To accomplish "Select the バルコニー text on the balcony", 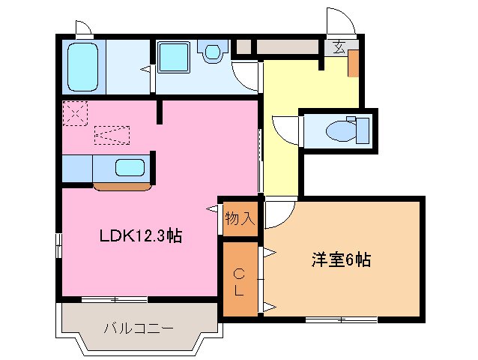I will pyautogui.click(x=139, y=328).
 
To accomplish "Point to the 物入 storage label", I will pyautogui.click(x=240, y=219).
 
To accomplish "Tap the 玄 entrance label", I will pyautogui.click(x=338, y=49).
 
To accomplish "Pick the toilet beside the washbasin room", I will pyautogui.click(x=213, y=52).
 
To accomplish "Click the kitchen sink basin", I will pyautogui.click(x=130, y=169).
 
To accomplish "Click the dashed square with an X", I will pyautogui.click(x=75, y=115).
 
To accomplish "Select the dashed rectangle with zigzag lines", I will pyautogui.click(x=112, y=135).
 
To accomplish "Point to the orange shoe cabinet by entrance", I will pyautogui.click(x=353, y=65).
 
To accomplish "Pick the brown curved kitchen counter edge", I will pyautogui.click(x=121, y=186).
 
